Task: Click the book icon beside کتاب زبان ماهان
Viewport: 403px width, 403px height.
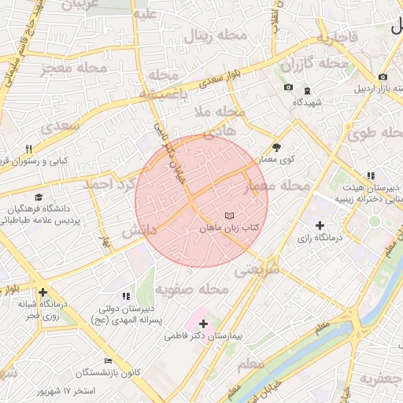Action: click(229, 215)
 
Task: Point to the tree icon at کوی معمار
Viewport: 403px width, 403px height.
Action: click(276, 147)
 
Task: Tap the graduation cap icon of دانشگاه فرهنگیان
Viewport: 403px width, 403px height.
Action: click(38, 198)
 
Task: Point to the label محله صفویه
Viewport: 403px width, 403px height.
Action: click(191, 290)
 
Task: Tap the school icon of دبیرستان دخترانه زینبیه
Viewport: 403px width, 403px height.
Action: click(371, 176)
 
